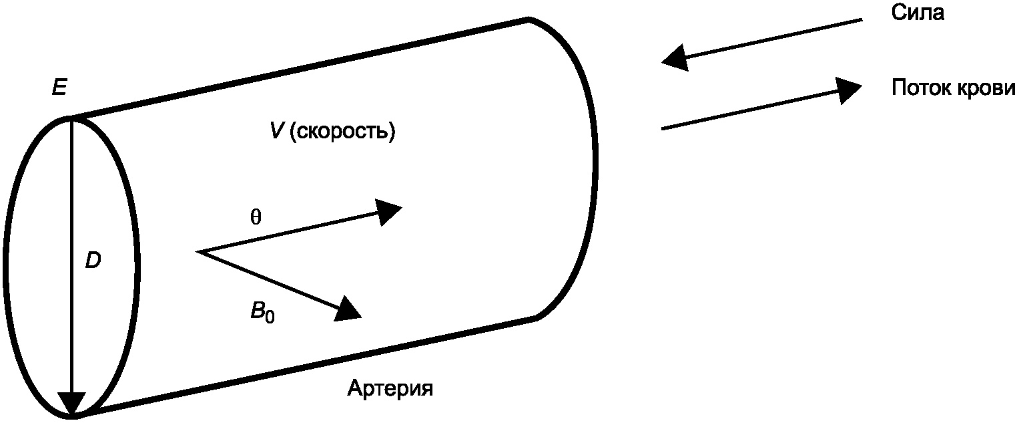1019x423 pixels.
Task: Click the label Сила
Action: [x=918, y=13]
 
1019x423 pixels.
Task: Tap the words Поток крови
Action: [x=954, y=89]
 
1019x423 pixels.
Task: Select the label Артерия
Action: [x=390, y=388]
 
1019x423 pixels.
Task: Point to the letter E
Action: [x=59, y=88]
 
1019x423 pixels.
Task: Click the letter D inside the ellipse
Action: [x=93, y=261]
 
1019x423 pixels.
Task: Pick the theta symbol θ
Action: [x=255, y=219]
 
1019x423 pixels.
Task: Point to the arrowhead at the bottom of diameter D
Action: [x=71, y=405]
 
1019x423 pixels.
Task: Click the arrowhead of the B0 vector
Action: [x=348, y=309]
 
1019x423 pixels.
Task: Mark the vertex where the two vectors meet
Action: [x=200, y=252]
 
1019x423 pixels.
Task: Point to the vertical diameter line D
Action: [x=71, y=254]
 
